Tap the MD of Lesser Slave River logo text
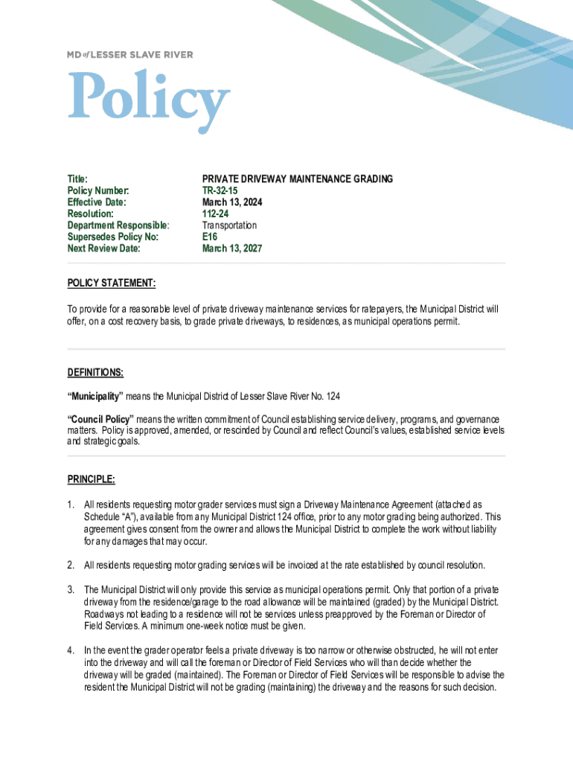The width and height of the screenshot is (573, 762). [130, 54]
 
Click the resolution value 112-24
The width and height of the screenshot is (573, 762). [217, 214]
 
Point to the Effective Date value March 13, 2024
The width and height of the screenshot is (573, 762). [232, 202]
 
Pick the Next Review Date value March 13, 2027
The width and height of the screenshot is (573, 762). [232, 249]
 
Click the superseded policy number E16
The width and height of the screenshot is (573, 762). [210, 237]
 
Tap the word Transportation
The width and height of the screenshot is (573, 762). [229, 225]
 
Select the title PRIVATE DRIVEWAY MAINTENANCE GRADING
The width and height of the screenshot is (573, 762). [298, 179]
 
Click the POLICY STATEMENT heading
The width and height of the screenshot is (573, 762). [112, 284]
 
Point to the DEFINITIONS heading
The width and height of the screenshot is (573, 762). [95, 372]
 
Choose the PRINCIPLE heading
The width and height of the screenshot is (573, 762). [91, 479]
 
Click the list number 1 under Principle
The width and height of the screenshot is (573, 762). [71, 505]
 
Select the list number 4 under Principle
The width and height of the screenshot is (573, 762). [71, 650]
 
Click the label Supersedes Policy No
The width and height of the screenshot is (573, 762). [113, 237]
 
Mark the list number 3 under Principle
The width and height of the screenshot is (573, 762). [71, 589]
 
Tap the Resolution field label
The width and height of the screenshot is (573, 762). [91, 214]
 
